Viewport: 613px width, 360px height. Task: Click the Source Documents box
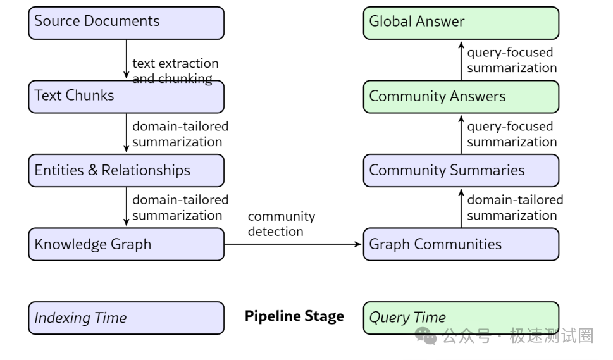click(127, 23)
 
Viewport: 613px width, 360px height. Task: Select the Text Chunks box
click(127, 97)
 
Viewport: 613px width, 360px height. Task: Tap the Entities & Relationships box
click(127, 170)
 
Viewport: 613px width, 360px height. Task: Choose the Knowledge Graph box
click(127, 244)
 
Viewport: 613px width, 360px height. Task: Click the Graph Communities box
click(461, 244)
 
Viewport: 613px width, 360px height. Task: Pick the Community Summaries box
click(461, 170)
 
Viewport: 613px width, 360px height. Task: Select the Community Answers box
click(461, 97)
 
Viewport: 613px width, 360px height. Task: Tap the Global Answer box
click(461, 23)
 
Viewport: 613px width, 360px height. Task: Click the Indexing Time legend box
click(127, 318)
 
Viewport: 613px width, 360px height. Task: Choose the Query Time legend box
click(461, 318)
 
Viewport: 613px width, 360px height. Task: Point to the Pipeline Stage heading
click(294, 316)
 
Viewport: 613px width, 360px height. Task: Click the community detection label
click(282, 223)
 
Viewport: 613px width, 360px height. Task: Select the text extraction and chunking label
click(175, 71)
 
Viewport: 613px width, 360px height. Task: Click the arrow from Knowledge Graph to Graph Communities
click(293, 244)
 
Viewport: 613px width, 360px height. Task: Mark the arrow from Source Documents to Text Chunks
click(127, 59)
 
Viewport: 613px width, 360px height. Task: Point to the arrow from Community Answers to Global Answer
click(461, 61)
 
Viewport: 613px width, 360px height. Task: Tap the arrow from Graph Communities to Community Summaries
click(461, 208)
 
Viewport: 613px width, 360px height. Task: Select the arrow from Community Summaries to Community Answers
click(461, 135)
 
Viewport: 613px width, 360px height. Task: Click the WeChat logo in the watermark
click(426, 336)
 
